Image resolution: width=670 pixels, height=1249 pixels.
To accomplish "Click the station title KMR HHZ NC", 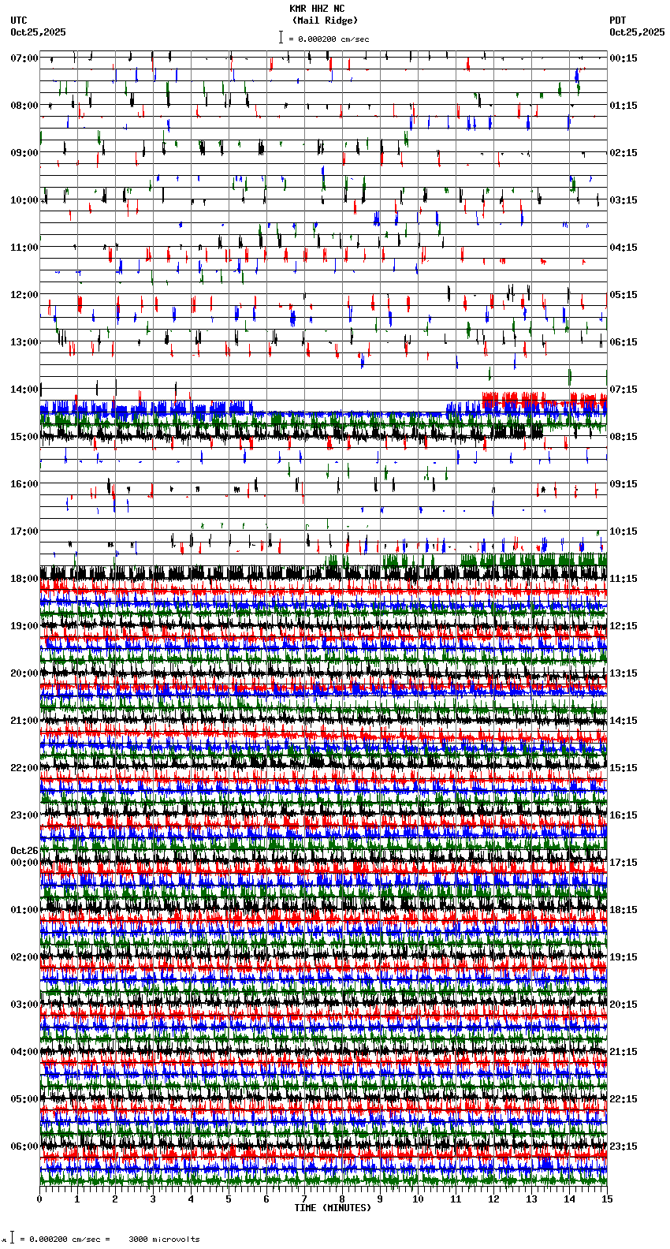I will click(317, 9).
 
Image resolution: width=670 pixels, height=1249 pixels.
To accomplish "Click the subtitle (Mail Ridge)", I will click(324, 21).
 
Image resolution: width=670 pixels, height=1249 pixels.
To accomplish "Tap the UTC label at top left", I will click(18, 21).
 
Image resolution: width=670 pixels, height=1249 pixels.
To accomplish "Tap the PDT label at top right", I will click(617, 21).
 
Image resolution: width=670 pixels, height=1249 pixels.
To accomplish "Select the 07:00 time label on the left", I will click(24, 58).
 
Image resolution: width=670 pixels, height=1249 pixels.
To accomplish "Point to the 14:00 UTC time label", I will click(24, 390).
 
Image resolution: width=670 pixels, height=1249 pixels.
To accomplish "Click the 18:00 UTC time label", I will click(24, 579).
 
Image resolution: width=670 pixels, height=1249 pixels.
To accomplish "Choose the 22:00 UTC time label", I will click(24, 768).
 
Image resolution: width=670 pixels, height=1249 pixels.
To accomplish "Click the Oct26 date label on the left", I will click(24, 851).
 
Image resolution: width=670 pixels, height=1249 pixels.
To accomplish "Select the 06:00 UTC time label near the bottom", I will click(24, 1146).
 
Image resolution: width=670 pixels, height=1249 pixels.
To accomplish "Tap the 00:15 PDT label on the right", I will click(623, 58).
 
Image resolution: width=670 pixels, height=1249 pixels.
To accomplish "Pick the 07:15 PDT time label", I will click(623, 390).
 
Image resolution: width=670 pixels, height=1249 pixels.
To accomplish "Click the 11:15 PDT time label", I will click(623, 579).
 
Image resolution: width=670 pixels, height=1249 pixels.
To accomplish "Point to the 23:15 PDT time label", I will click(623, 1146).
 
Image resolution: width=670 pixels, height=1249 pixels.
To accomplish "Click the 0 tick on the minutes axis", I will click(39, 1199).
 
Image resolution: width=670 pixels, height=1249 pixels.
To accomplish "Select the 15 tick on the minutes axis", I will click(606, 1199).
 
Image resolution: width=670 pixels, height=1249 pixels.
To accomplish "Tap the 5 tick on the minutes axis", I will click(229, 1199).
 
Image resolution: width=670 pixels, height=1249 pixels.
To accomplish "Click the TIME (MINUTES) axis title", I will click(332, 1208).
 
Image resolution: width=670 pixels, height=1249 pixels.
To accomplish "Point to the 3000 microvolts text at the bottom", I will click(164, 1240).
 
